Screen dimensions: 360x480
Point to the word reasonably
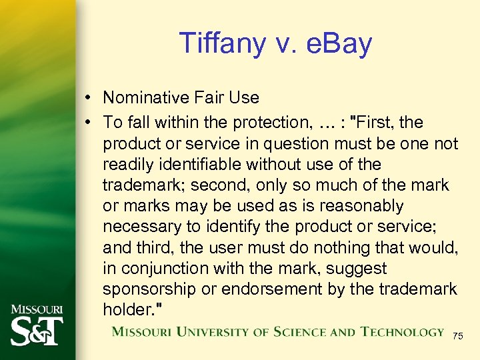(363, 206)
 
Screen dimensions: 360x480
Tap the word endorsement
(291, 289)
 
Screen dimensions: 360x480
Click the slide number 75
(457, 337)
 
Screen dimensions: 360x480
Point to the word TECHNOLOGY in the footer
(403, 331)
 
